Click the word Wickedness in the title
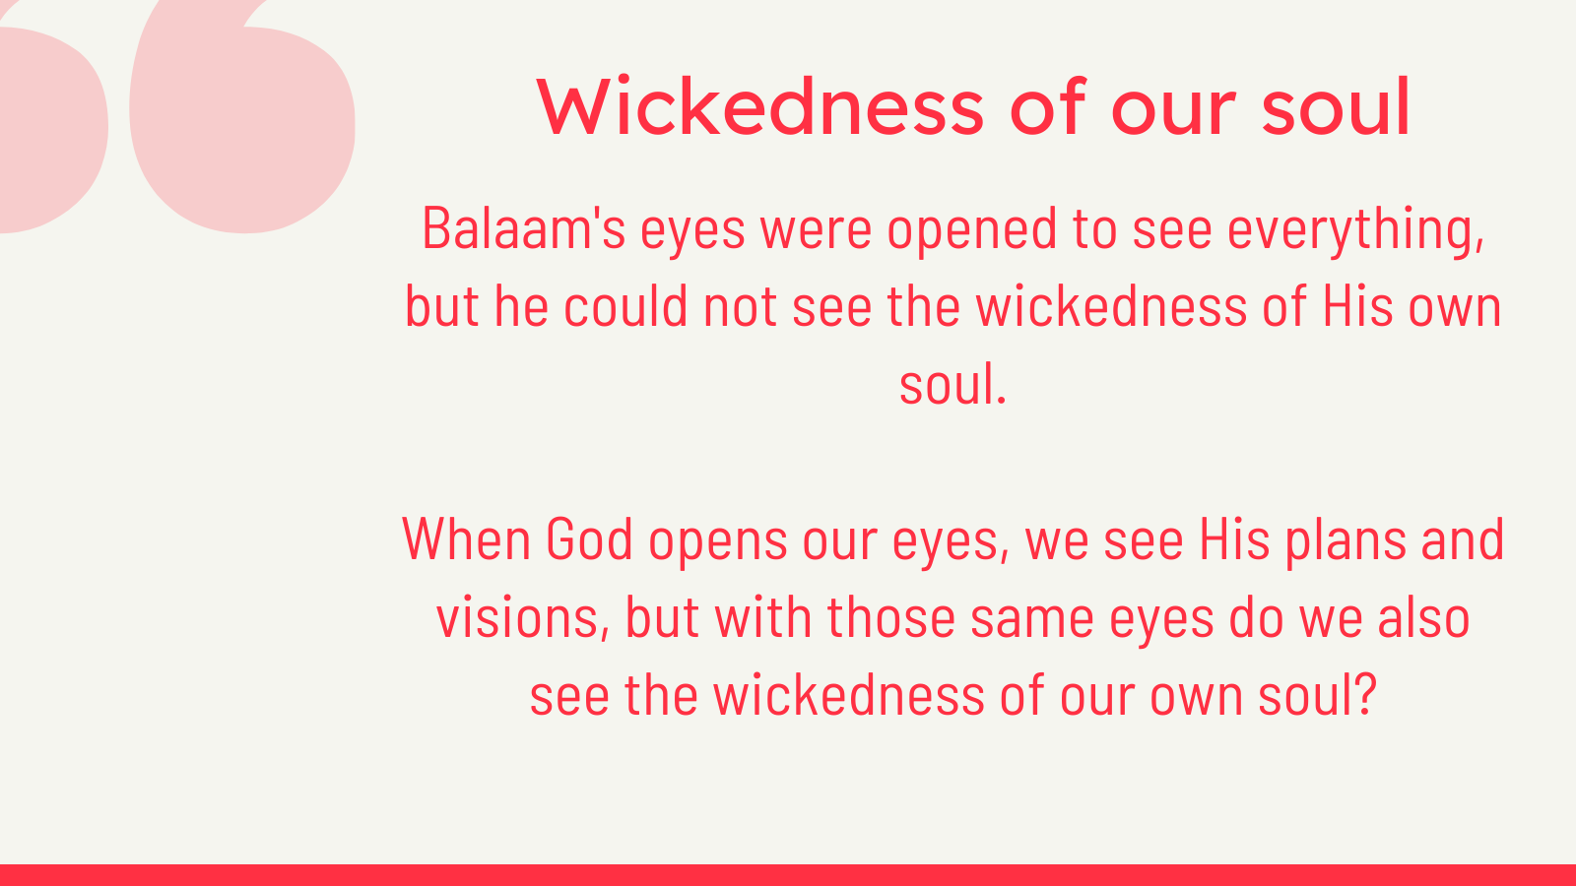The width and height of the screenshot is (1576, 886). [x=760, y=107]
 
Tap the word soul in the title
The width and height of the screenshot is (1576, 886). [x=1336, y=107]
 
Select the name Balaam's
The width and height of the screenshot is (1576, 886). [x=523, y=227]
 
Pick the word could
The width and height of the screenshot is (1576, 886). [x=625, y=306]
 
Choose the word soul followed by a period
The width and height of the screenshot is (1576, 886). [x=953, y=384]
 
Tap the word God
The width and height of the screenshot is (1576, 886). [x=590, y=539]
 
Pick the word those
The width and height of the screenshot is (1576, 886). [x=890, y=616]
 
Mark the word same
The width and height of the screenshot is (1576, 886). [x=1032, y=619]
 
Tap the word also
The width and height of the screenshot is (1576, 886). [x=1423, y=616]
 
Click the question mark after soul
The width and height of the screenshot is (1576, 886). [x=1365, y=694]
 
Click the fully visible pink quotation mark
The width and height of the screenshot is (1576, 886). [x=242, y=117]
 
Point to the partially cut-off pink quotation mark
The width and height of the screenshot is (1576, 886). [x=53, y=130]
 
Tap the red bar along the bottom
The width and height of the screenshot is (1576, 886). [x=788, y=875]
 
